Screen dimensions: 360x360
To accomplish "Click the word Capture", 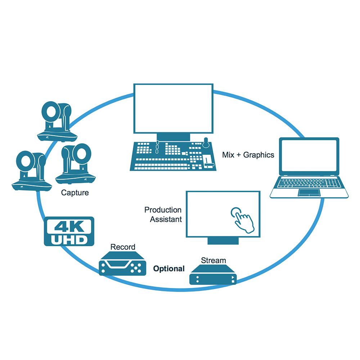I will tap(75, 193).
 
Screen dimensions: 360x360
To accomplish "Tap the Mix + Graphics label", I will tap(248, 155).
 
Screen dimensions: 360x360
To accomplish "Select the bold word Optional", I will tap(169, 269).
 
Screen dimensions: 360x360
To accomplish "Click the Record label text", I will tap(123, 247).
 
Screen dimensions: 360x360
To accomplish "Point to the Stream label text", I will tap(213, 260).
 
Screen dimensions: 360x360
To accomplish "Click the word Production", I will tap(163, 210).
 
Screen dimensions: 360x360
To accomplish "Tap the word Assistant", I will tap(166, 219).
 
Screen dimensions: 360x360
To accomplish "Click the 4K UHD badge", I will tap(69, 231).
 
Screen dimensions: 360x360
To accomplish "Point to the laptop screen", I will tap(309, 156).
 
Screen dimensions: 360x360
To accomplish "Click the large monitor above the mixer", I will tap(173, 108).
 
